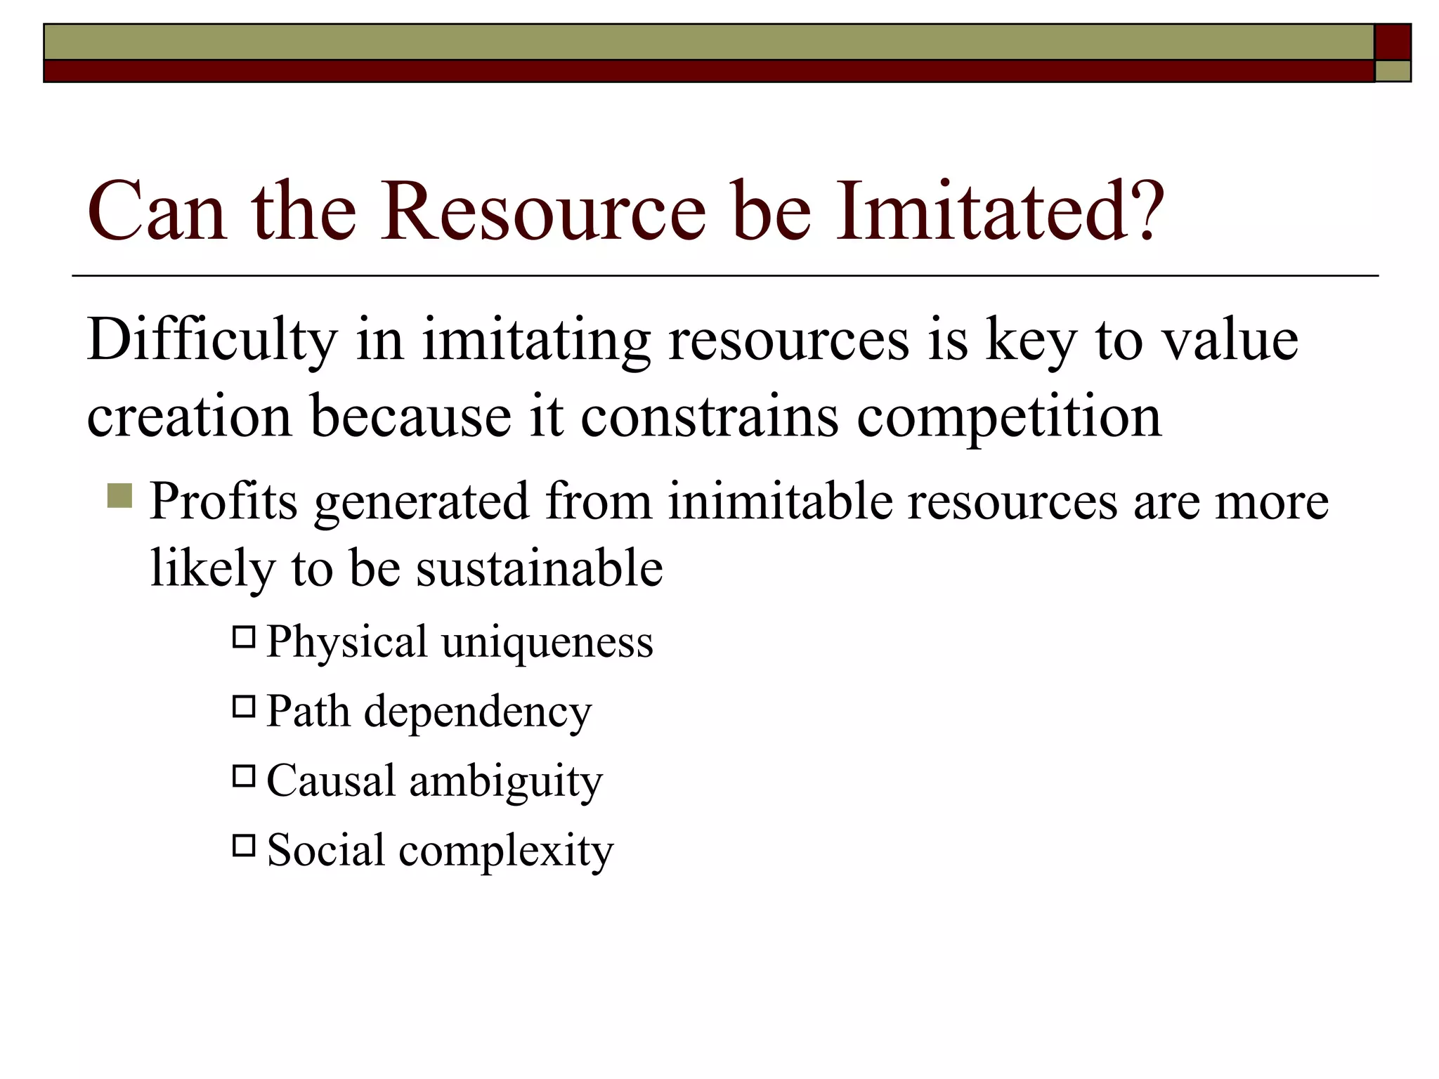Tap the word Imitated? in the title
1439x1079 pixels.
point(1001,211)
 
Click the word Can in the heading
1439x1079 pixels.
point(157,211)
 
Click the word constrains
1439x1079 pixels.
point(709,416)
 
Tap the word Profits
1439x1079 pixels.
point(223,502)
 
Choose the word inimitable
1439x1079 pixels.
point(779,502)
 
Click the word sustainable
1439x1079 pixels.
point(539,568)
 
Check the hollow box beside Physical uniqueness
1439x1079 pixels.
point(244,637)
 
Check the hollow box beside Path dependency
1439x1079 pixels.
point(244,706)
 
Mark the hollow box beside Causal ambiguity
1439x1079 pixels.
point(244,776)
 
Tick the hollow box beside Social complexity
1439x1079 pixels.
point(244,845)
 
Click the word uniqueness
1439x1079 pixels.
point(547,642)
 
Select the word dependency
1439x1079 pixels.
point(478,712)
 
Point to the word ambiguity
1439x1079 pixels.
point(506,781)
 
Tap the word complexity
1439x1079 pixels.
point(506,851)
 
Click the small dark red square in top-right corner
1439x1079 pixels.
point(1393,42)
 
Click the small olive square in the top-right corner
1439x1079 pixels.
point(1393,71)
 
